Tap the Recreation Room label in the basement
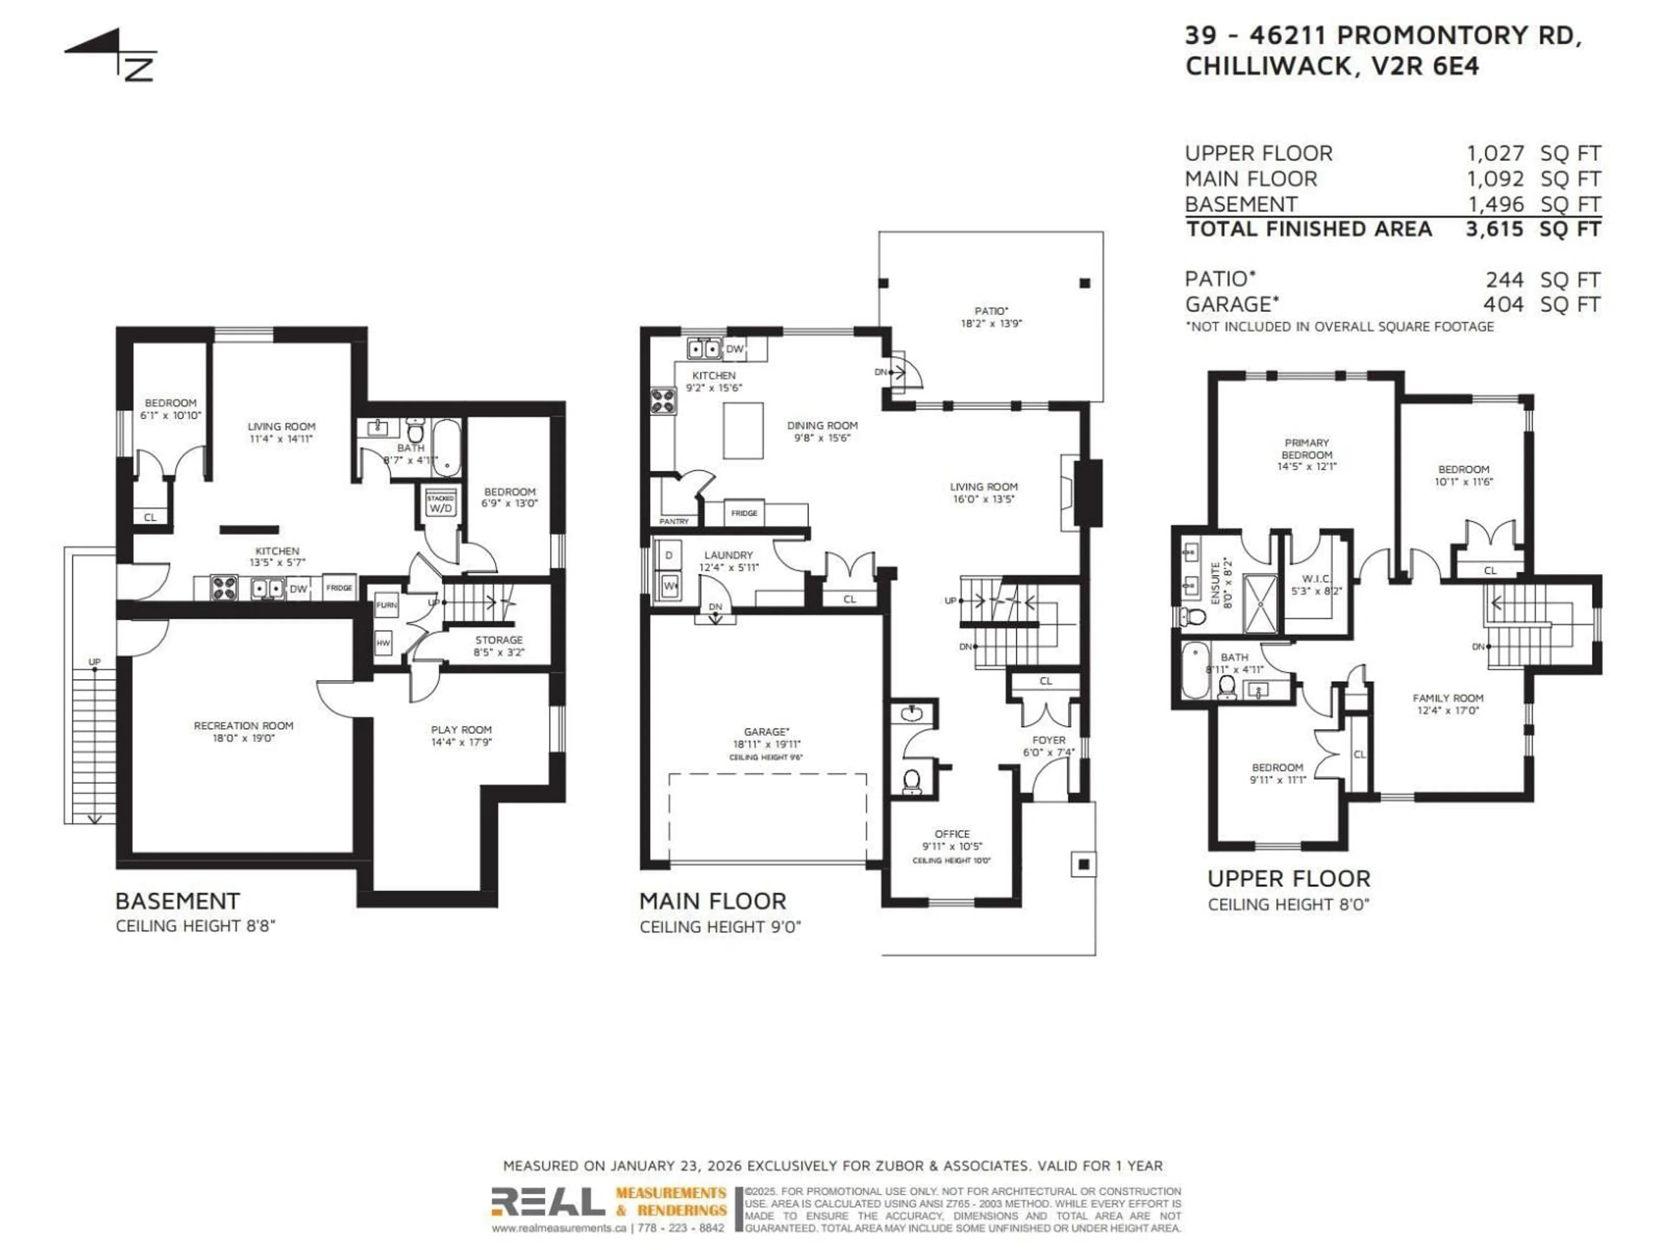coord(244,726)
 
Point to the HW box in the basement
coord(384,643)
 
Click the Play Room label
coord(461,729)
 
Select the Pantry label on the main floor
coord(674,521)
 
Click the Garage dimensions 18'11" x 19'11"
coord(766,743)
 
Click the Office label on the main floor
coord(952,834)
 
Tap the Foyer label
coord(1048,740)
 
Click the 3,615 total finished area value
coord(1494,229)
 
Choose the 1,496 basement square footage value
coord(1495,204)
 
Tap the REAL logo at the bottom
coord(548,1203)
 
